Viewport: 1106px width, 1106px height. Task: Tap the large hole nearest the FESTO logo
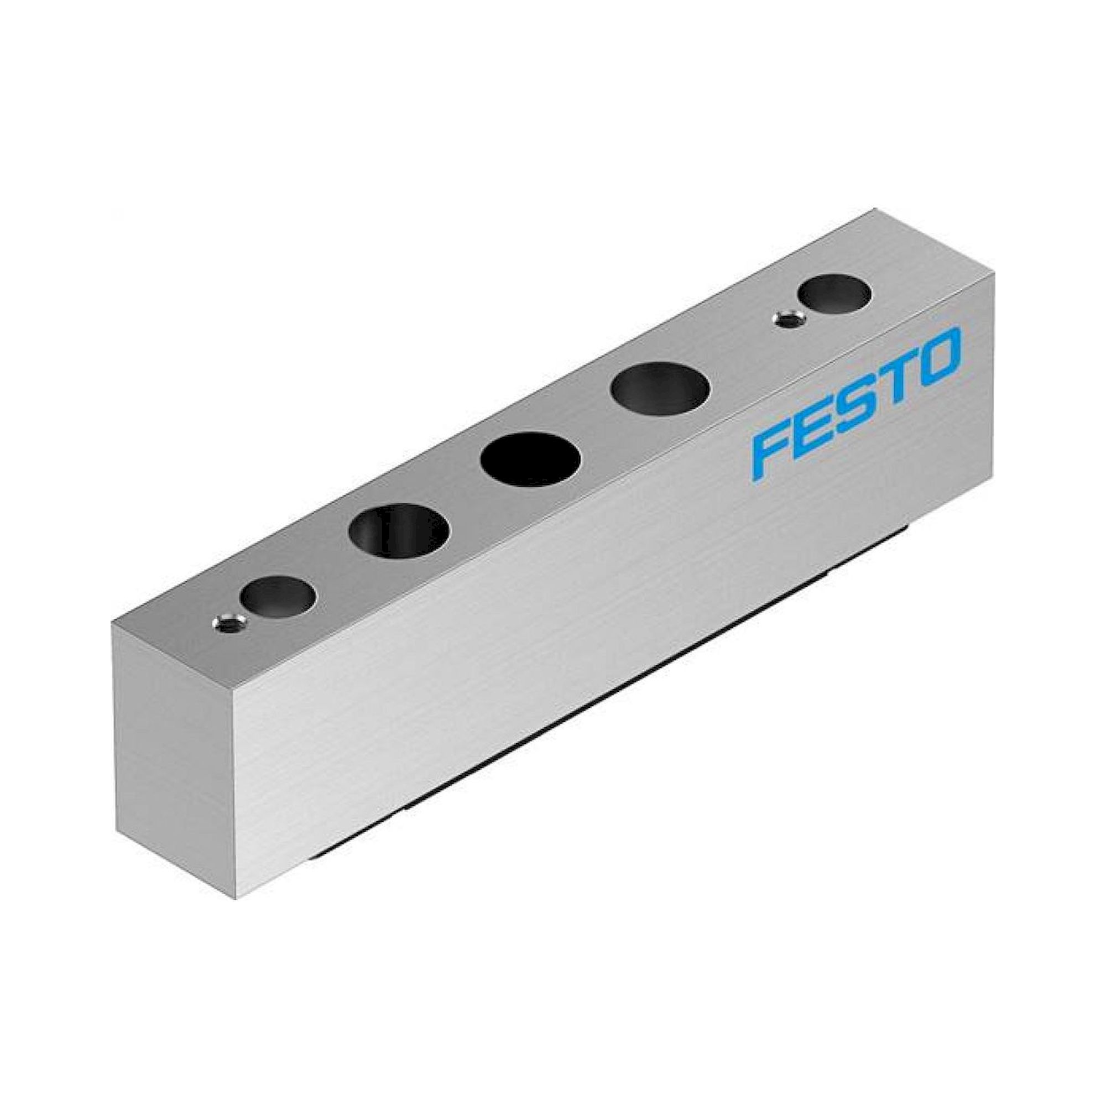660,390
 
